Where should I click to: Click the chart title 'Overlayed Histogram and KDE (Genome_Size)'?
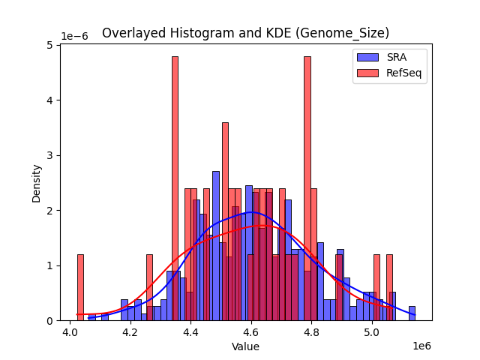point(245,33)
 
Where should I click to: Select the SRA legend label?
point(397,57)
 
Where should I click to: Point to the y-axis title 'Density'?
point(36,182)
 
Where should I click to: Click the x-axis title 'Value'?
point(245,346)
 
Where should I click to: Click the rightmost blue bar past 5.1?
point(412,313)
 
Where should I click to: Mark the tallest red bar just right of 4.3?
point(175,188)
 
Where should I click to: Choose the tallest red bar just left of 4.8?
point(307,188)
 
